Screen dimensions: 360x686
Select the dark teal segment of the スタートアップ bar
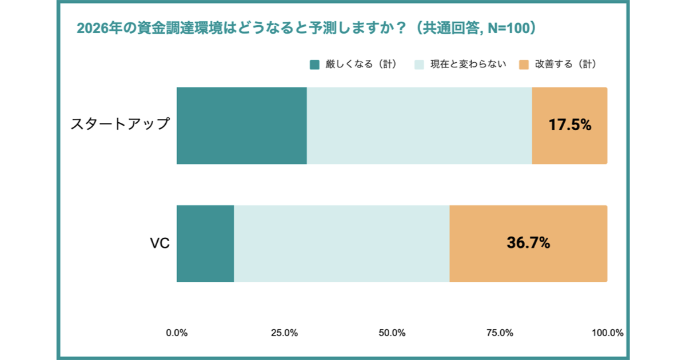pos(242,126)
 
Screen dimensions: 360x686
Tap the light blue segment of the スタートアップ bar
pos(419,126)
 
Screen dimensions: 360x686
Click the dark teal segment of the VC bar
pos(205,243)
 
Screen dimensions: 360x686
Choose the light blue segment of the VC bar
pos(341,243)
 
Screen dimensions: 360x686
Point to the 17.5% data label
pos(569,125)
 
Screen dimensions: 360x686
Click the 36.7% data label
pos(528,243)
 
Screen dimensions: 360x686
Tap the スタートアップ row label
pos(120,124)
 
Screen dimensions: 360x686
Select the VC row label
pos(159,243)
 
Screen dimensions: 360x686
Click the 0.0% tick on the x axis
pos(177,333)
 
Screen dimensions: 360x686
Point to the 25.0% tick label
pos(284,333)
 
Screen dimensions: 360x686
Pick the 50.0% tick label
pos(392,333)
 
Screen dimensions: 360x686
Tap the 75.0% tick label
pos(499,333)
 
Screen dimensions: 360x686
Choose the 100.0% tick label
pos(607,333)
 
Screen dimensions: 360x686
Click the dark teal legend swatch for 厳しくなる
pos(314,65)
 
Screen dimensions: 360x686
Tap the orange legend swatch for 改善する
pos(524,65)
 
